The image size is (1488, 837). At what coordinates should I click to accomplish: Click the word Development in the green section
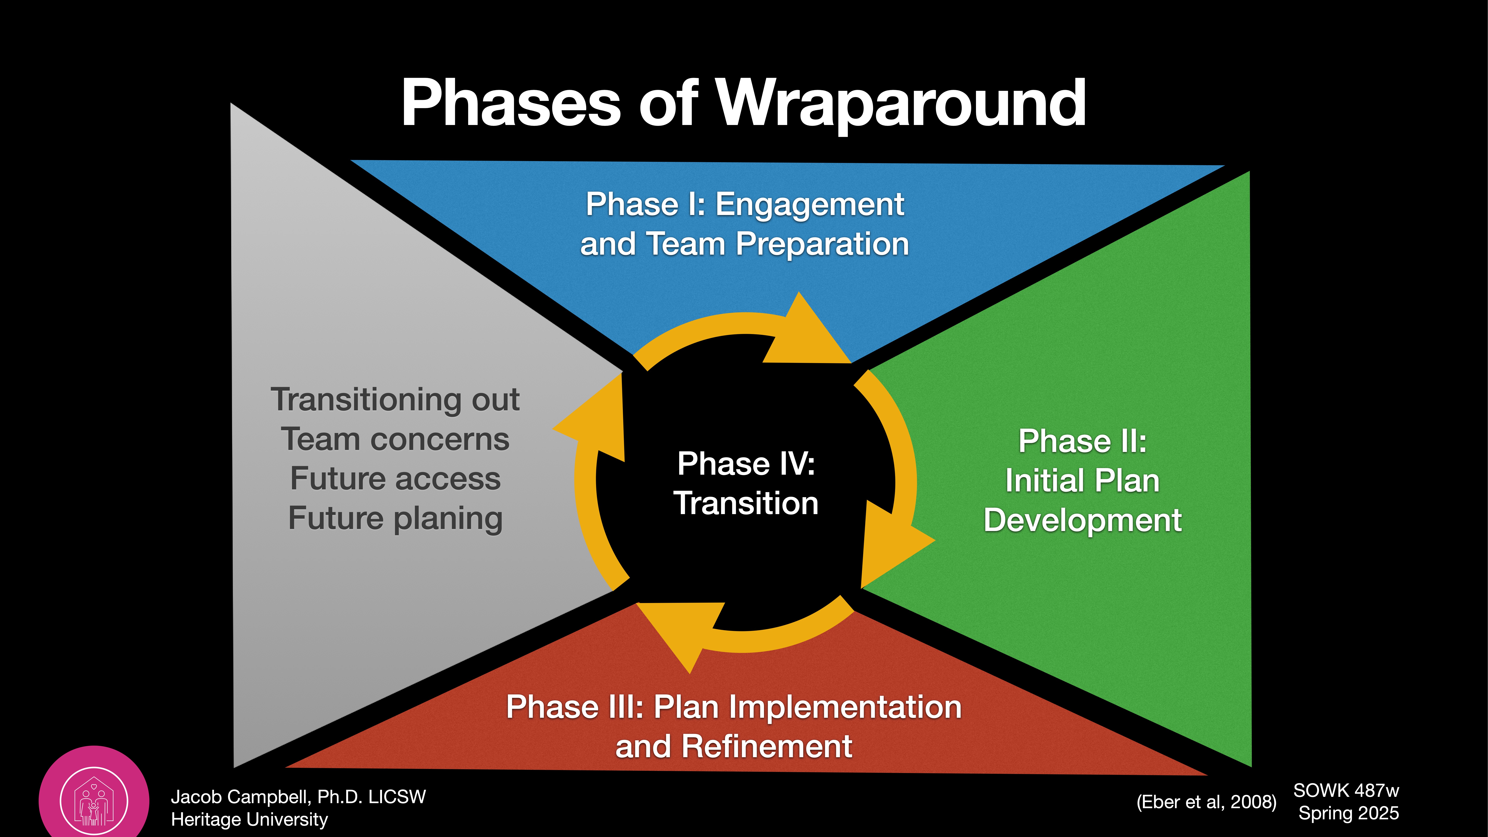tap(1082, 520)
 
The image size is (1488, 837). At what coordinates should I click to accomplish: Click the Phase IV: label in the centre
tap(746, 464)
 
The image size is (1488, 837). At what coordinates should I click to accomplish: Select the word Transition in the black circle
tap(746, 503)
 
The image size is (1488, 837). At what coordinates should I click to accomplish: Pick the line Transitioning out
tap(395, 400)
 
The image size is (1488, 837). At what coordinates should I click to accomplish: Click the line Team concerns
tap(395, 440)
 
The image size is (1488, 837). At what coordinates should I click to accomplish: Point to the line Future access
tap(395, 479)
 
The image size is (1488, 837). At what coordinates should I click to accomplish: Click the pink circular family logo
tap(94, 800)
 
